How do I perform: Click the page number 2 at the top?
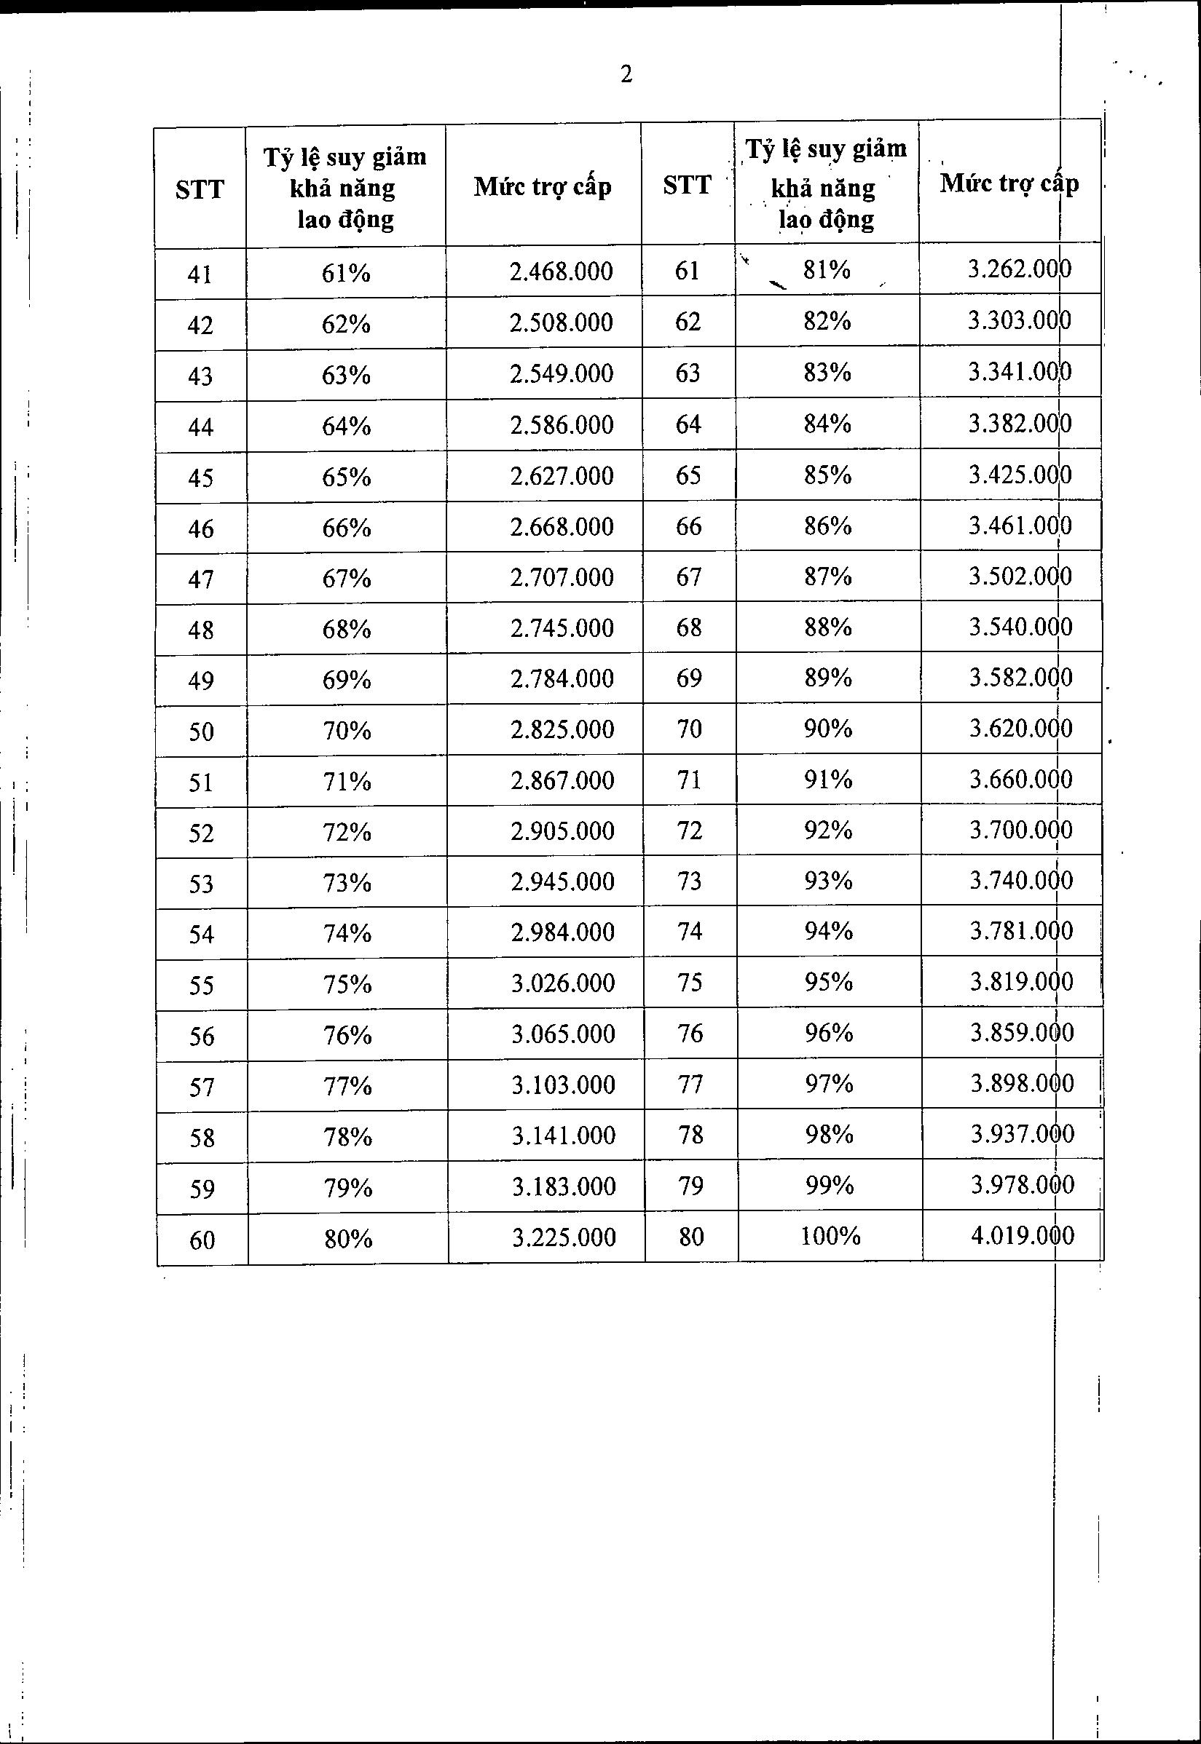626,74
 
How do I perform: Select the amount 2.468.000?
561,271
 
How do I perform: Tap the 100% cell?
830,1236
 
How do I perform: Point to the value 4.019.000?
1022,1235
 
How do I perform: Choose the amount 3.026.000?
563,983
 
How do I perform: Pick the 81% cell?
826,269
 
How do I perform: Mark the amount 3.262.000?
1019,269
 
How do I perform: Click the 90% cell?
828,728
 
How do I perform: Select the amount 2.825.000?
562,729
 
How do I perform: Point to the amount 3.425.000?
1020,475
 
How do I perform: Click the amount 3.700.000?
1020,830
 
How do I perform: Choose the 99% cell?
830,1185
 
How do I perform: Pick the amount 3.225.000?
564,1237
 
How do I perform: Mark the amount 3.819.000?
1021,981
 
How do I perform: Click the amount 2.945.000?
562,881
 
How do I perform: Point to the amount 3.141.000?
564,1135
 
